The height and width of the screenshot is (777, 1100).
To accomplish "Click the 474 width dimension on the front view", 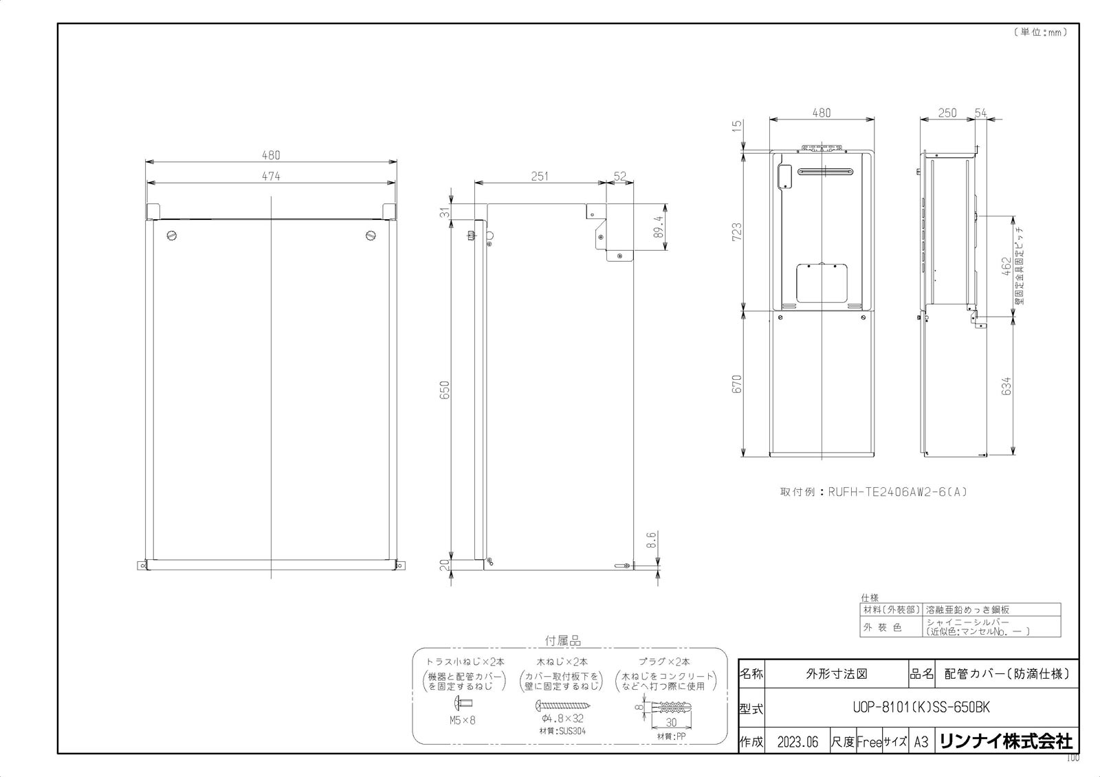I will point(271,176).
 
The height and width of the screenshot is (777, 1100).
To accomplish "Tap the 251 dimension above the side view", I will point(540,176).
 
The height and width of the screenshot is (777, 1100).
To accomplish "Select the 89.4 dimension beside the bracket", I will point(659,227).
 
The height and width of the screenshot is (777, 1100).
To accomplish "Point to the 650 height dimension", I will point(444,391).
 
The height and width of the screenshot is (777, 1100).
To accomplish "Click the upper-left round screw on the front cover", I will point(172,236).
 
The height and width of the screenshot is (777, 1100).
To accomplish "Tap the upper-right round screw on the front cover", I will point(371,236).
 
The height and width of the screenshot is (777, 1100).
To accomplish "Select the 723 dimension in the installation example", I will point(736,230).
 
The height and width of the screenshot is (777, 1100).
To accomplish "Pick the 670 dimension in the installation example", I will point(736,383).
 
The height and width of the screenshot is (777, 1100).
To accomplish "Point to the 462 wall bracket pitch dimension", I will point(1006,267).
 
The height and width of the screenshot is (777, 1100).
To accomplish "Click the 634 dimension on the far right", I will point(1006,386).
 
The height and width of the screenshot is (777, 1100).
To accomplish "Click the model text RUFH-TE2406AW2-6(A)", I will point(898,492).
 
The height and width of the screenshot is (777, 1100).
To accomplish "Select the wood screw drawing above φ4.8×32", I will point(562,705).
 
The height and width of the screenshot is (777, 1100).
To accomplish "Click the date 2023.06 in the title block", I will point(797,742).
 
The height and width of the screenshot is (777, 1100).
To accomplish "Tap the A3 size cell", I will point(921,742).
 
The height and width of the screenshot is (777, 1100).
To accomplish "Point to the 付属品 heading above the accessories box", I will point(562,640).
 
